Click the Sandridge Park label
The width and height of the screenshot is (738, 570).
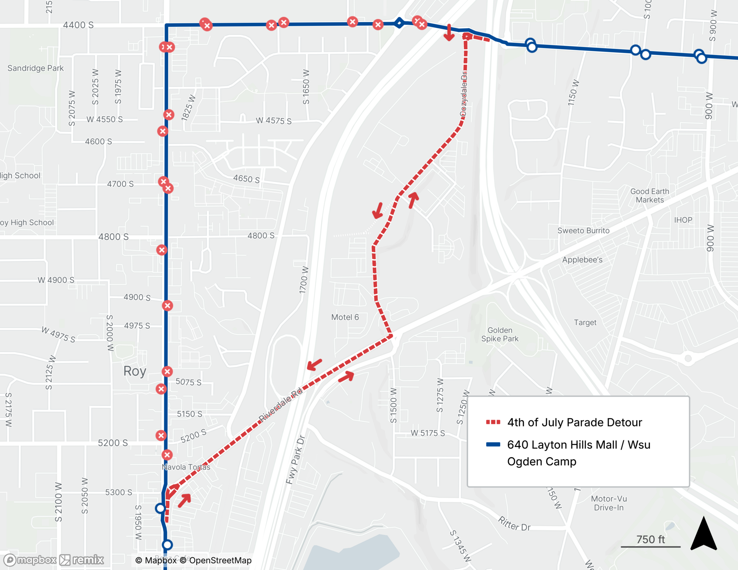(x=35, y=68)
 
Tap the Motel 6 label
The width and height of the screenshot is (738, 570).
(x=345, y=317)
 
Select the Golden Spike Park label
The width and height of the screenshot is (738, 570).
(x=500, y=335)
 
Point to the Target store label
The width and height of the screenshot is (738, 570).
(x=585, y=322)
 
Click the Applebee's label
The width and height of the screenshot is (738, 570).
(x=582, y=260)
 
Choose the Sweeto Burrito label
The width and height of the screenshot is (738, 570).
(x=583, y=231)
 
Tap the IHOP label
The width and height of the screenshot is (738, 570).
(x=683, y=220)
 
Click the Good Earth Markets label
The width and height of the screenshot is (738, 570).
(x=649, y=196)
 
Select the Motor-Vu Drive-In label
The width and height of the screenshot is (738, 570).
(x=608, y=503)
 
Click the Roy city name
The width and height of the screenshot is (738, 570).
(x=135, y=371)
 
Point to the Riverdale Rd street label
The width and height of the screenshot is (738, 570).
(x=280, y=405)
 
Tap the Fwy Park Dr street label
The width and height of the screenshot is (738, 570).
(x=295, y=460)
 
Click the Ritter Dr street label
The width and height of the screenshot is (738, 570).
(x=514, y=524)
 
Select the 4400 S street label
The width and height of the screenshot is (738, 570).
(x=78, y=25)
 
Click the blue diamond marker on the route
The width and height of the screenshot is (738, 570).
(x=399, y=23)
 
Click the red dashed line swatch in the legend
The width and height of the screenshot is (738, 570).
(x=493, y=422)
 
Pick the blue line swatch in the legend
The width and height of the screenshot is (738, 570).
(x=493, y=445)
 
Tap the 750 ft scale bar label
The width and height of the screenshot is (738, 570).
(x=650, y=539)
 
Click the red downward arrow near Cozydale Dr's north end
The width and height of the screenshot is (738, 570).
(x=449, y=33)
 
